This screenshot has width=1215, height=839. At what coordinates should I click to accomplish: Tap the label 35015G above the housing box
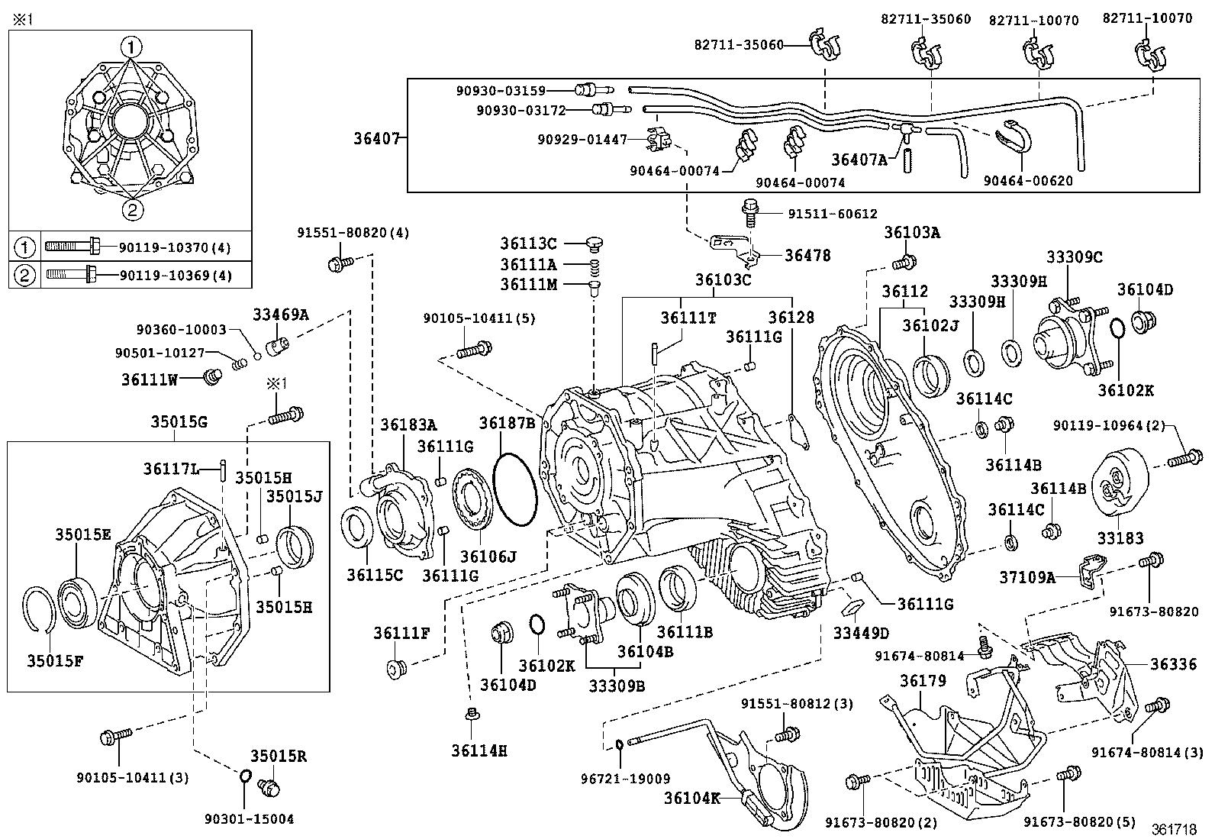click(179, 422)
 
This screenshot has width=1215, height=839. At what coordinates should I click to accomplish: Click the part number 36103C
click(723, 280)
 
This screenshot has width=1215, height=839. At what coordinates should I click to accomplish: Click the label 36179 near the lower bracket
click(923, 680)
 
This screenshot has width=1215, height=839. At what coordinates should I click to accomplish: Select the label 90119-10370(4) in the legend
click(175, 247)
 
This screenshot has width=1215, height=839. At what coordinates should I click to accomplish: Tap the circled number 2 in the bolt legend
click(24, 275)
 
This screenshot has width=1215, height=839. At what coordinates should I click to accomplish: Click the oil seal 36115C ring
click(356, 528)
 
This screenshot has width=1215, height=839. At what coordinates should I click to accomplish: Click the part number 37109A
click(1027, 578)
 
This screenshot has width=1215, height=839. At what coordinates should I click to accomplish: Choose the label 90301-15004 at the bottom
click(249, 819)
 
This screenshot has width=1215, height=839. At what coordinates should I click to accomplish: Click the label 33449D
click(861, 633)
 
